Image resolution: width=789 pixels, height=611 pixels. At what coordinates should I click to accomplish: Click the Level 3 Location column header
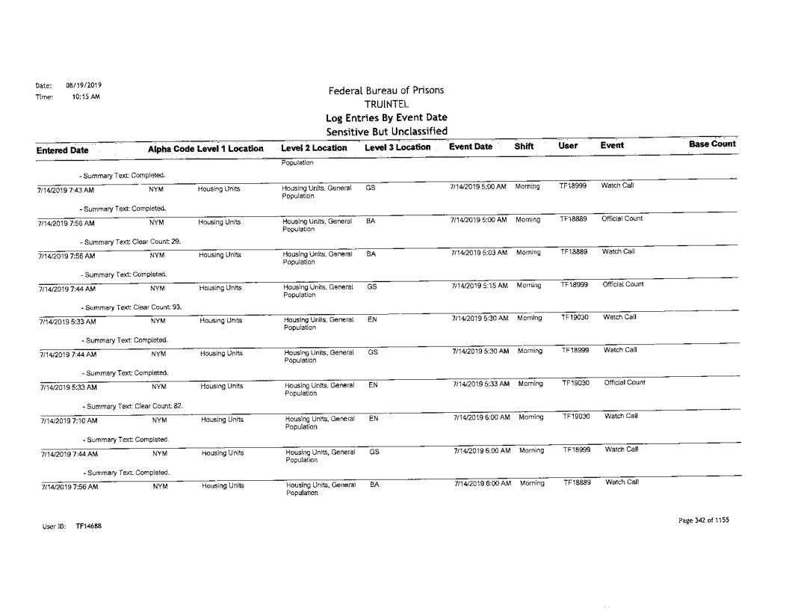pyautogui.click(x=396, y=149)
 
